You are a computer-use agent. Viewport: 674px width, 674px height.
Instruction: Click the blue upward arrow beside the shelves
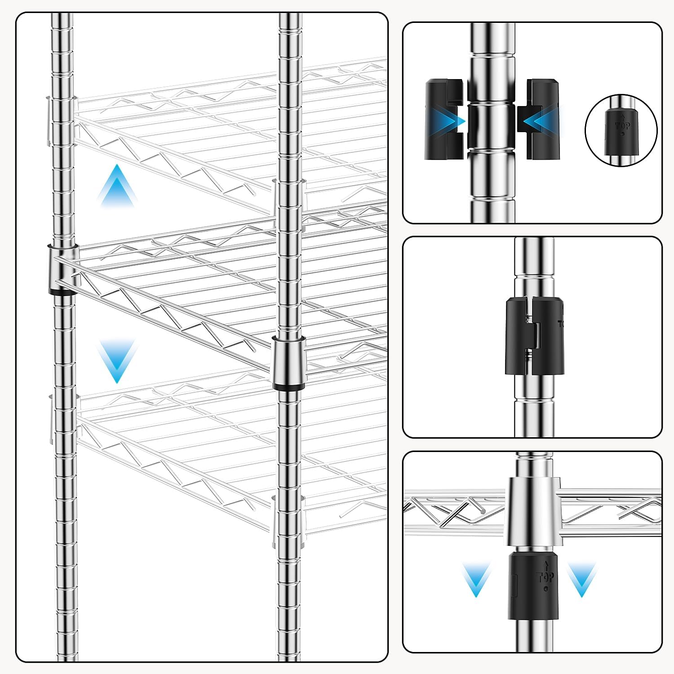click(x=117, y=186)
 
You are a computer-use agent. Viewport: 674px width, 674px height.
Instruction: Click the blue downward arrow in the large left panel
click(x=117, y=359)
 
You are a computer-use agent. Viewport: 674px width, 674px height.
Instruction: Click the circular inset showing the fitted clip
click(x=621, y=130)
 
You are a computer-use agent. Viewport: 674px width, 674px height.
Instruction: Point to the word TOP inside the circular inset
click(x=622, y=126)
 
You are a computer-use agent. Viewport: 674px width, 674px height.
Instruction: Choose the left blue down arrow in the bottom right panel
click(x=476, y=580)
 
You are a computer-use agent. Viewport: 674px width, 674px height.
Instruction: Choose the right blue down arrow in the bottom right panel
click(x=581, y=580)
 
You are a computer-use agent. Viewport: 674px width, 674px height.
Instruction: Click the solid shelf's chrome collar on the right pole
click(x=288, y=359)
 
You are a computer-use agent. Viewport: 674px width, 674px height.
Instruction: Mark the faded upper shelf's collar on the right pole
click(x=288, y=202)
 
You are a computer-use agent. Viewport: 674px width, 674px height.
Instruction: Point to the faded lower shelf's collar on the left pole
click(x=62, y=418)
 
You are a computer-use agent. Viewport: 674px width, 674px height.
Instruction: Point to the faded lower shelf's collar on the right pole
click(x=288, y=521)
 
